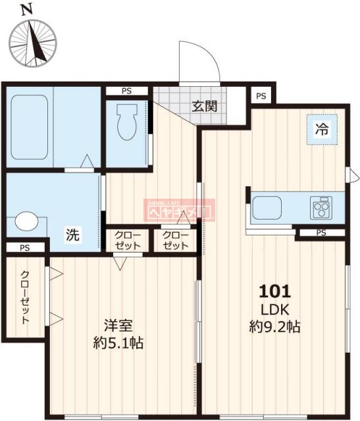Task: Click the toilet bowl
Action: (125, 122)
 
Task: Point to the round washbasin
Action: (26, 222)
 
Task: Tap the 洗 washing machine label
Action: (72, 235)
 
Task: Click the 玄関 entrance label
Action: (205, 105)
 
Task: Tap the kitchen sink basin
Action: (276, 208)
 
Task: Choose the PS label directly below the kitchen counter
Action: (321, 233)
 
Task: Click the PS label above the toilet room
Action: (126, 92)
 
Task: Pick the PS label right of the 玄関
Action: (261, 96)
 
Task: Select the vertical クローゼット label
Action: (24, 298)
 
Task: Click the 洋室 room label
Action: (118, 325)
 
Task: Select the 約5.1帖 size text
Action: (118, 343)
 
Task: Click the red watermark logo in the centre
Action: (180, 210)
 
